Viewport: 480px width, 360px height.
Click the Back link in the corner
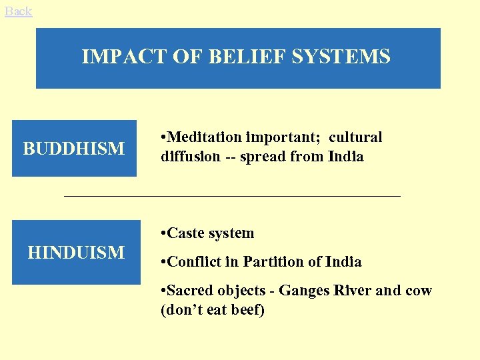[x=18, y=11]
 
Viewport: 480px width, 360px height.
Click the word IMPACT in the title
[x=117, y=57]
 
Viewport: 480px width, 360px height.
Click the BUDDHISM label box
[x=74, y=148]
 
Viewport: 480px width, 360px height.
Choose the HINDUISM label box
[x=76, y=252]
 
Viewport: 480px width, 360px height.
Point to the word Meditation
[x=204, y=137]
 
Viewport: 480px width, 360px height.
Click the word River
[x=353, y=291]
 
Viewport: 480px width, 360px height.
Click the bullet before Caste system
[x=163, y=234]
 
